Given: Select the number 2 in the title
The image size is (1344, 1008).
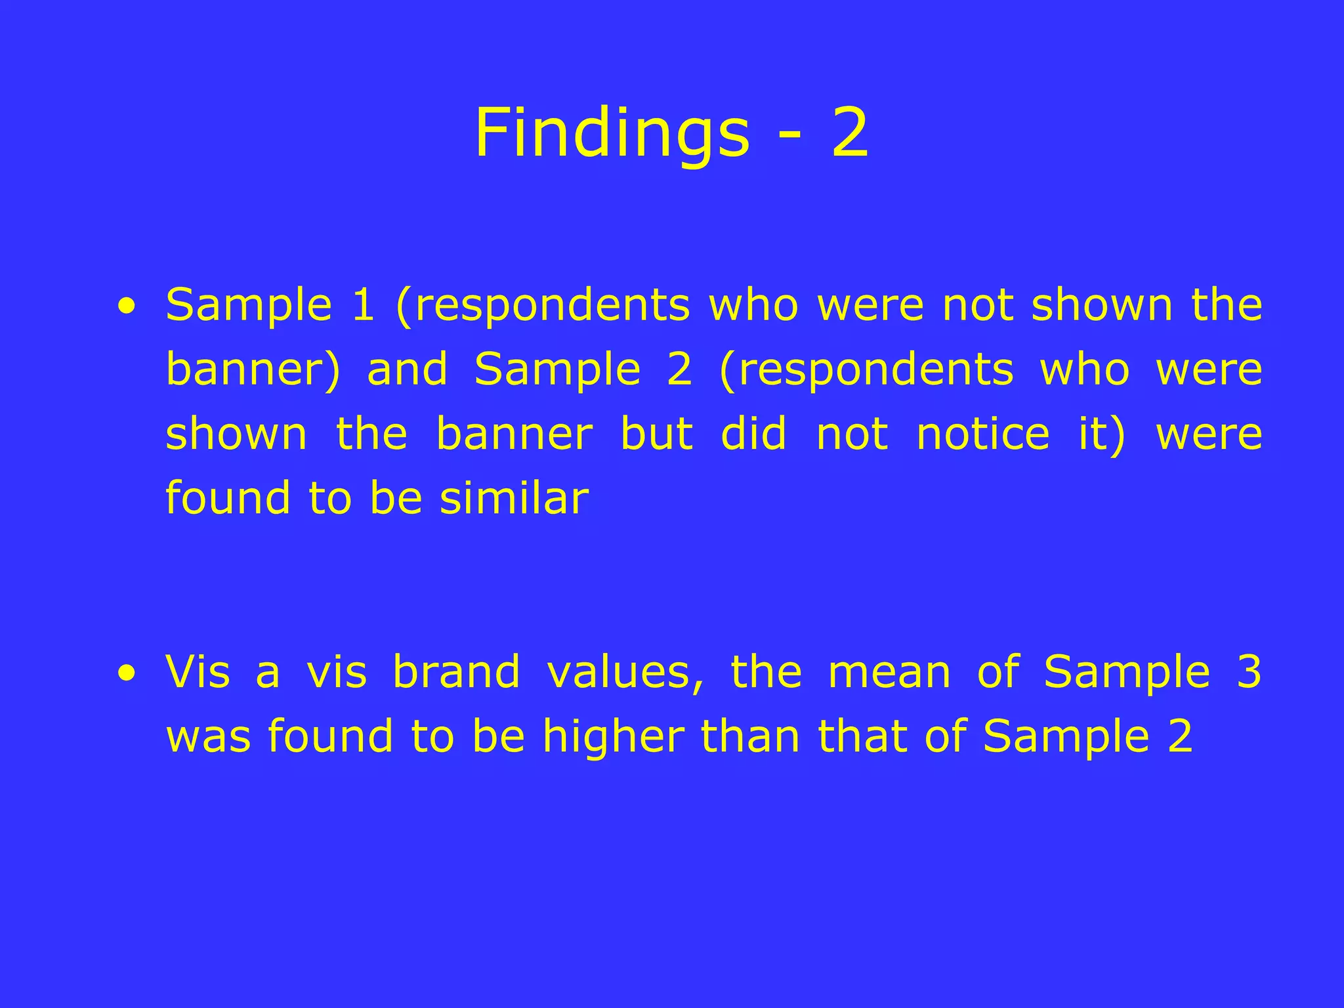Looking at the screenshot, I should tap(850, 134).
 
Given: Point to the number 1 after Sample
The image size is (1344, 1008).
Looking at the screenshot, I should tap(363, 305).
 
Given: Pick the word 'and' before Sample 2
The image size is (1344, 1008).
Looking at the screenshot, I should tap(407, 369).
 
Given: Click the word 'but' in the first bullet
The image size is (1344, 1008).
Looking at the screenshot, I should tap(656, 434).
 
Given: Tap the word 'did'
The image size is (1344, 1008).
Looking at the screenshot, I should tap(753, 434).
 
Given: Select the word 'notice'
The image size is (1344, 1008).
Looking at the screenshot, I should tap(982, 434).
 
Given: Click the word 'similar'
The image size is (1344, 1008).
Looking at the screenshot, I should tap(514, 498).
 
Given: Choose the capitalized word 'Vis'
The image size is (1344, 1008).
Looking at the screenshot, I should tap(198, 672).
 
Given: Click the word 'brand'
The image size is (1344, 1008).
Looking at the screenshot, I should tap(456, 672).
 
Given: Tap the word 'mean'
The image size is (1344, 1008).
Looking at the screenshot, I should tap(889, 673).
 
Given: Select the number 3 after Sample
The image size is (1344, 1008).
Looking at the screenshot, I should tap(1249, 672).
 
